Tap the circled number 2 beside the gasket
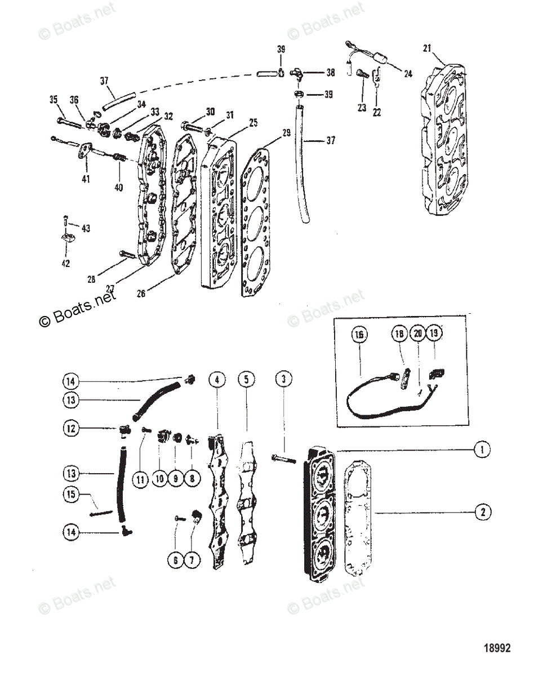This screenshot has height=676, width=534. point(482,512)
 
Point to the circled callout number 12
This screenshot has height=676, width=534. point(72,429)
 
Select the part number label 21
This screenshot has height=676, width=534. point(428,48)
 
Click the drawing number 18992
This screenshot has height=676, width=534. point(496,648)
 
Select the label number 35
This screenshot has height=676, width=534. point(54,100)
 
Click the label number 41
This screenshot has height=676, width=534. point(86,179)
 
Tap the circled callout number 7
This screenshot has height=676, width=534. point(192,561)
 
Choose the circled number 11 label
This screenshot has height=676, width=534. point(140,479)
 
